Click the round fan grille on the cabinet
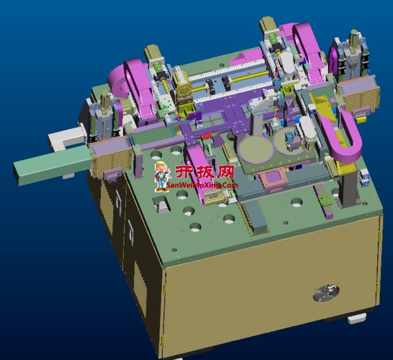[326, 293]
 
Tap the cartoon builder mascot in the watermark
[161, 177]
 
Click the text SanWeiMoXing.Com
[202, 185]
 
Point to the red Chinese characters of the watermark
[204, 172]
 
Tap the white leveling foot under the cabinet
[357, 318]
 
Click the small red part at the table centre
[206, 136]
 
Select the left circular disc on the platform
[256, 148]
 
